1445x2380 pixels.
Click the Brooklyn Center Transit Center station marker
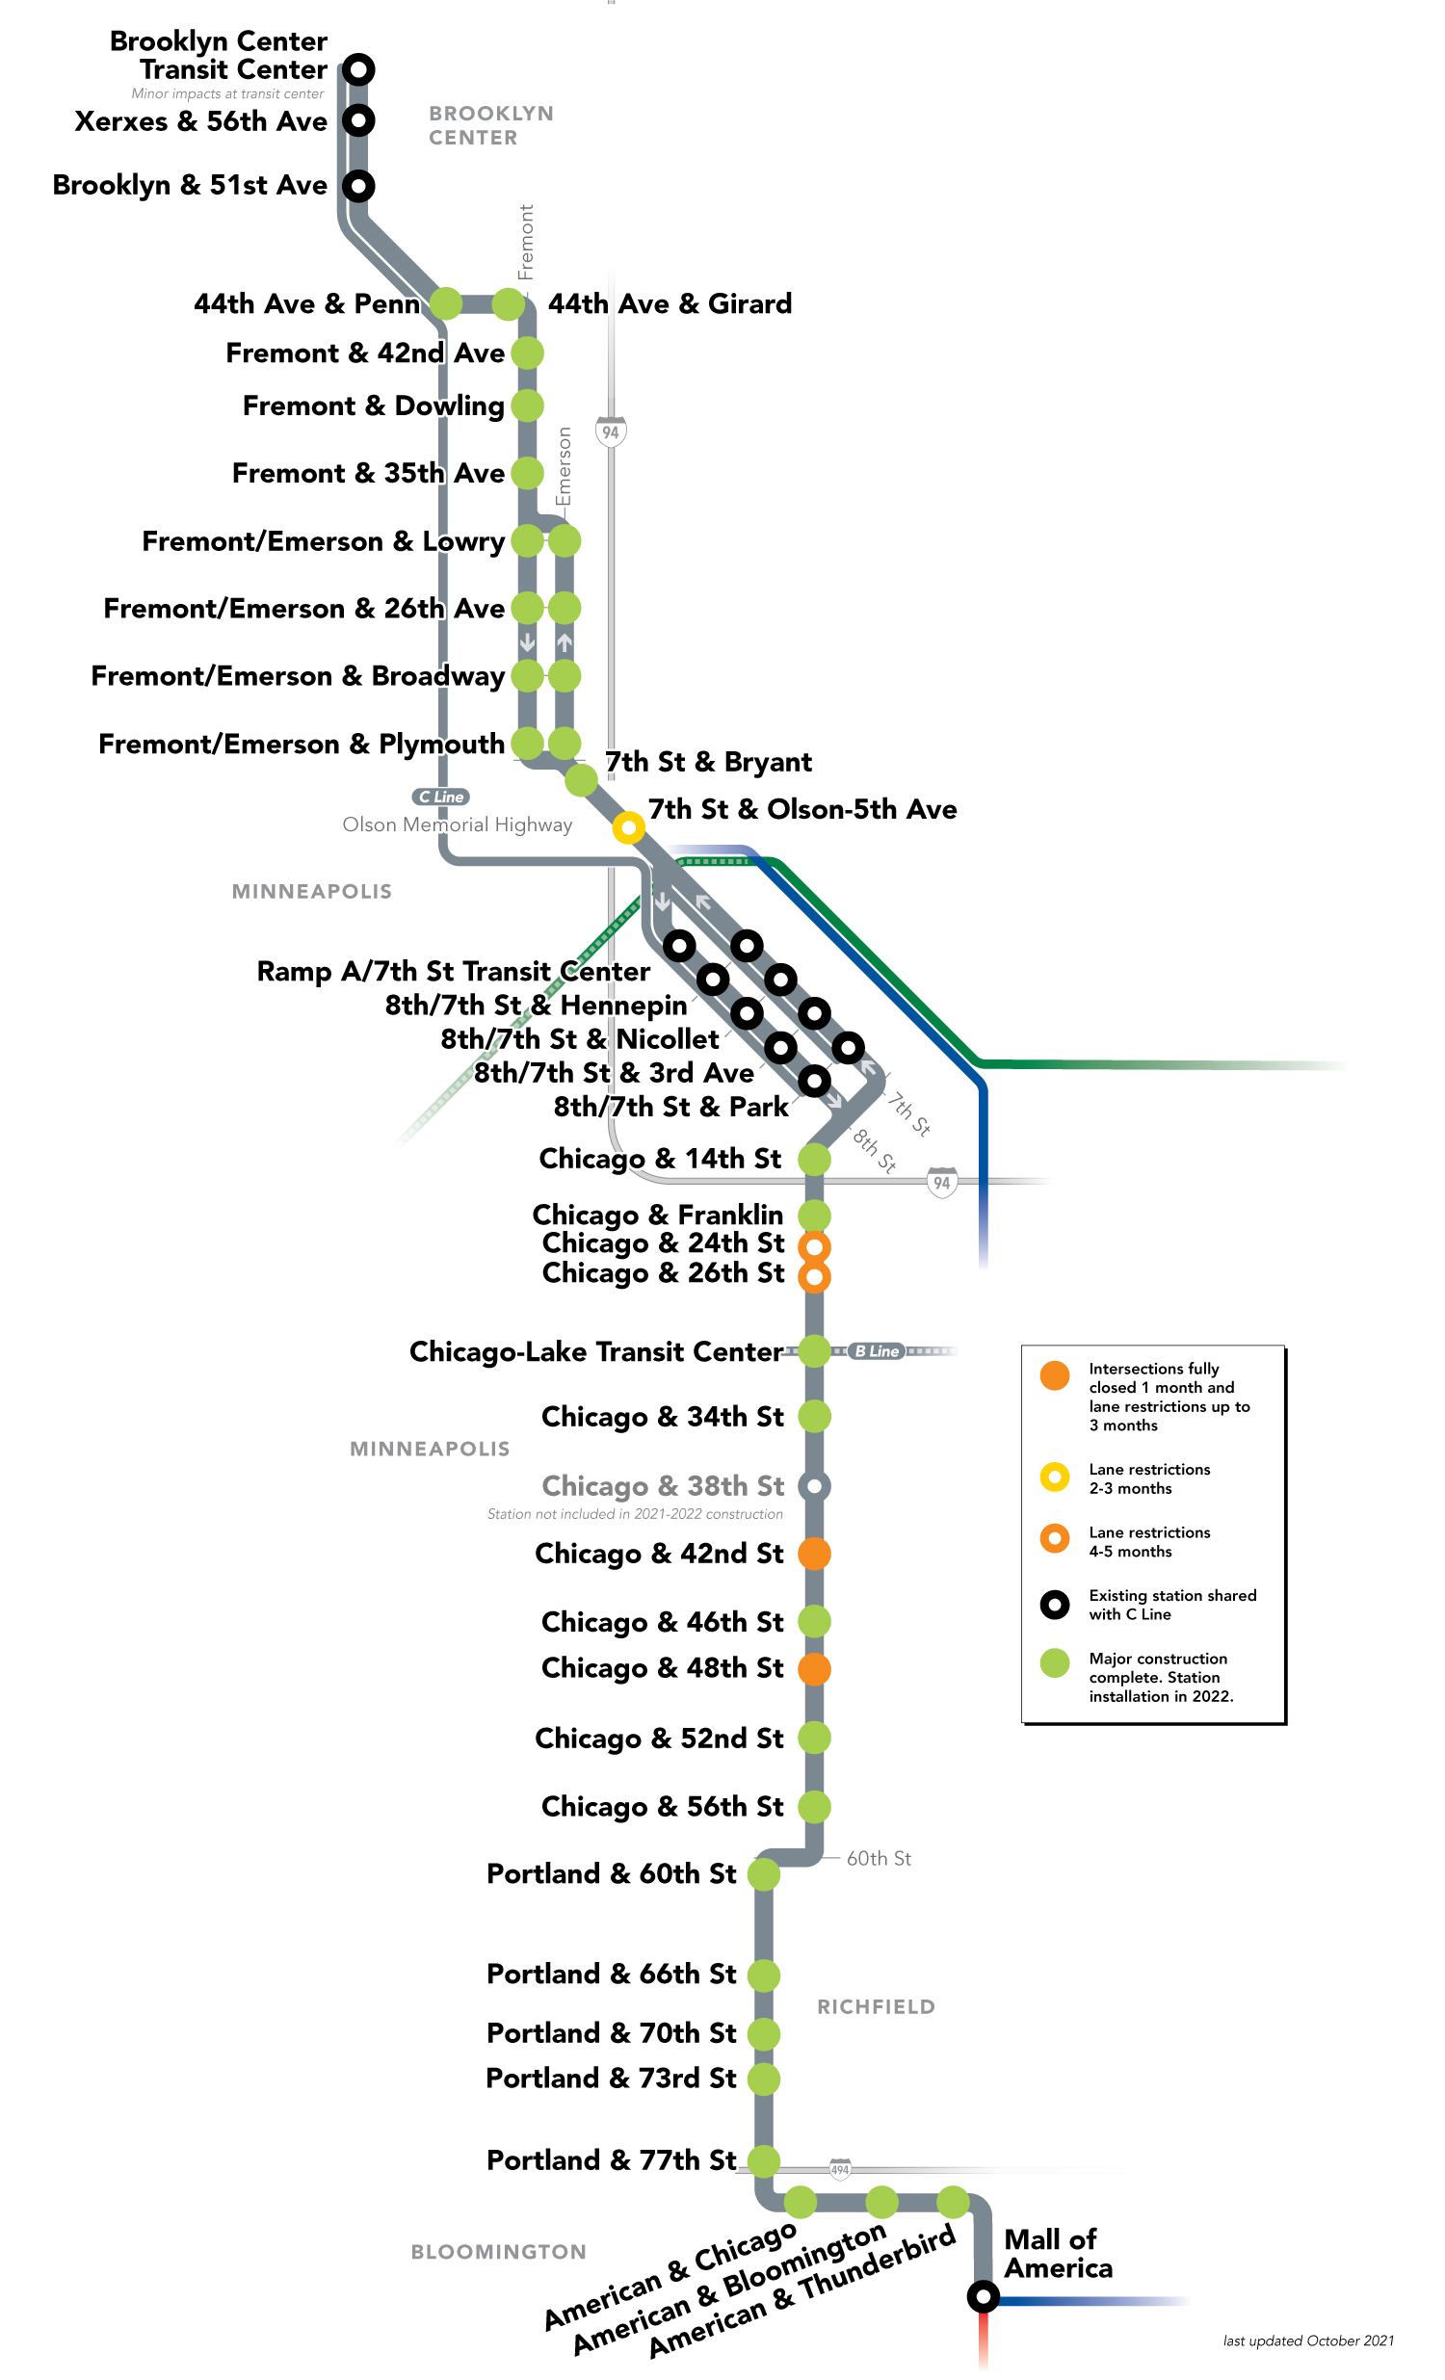[358, 69]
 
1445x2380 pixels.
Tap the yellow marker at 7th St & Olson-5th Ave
[628, 826]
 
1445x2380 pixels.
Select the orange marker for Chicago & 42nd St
[814, 1554]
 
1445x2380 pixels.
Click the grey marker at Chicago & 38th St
[814, 1485]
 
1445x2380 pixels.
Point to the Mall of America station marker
[983, 2295]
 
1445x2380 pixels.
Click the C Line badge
[441, 797]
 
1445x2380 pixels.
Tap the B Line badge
[877, 1351]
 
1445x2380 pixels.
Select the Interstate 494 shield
[840, 2169]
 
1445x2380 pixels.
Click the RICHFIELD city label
[876, 2007]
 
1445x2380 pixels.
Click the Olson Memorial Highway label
[457, 824]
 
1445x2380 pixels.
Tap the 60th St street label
[878, 1858]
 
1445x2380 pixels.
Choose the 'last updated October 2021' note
[1308, 2341]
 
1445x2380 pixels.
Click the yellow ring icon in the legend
[1055, 1477]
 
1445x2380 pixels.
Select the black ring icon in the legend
[1055, 1605]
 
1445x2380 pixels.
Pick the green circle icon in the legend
[1055, 1662]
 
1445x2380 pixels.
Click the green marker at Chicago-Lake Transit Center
[814, 1351]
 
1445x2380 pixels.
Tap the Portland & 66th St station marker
[763, 1975]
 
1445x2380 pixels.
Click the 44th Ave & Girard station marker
[508, 303]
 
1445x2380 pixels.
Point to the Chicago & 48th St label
[663, 1668]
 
